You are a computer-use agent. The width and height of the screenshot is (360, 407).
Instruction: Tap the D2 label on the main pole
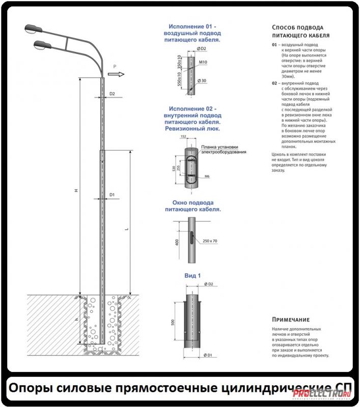[113, 94]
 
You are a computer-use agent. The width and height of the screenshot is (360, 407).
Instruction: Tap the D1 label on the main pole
[112, 195]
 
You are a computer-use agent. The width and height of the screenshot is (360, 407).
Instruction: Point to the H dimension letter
[75, 190]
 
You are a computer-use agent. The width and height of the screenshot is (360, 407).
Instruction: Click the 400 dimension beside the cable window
[176, 242]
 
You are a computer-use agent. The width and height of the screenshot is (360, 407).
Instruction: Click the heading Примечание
[291, 319]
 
